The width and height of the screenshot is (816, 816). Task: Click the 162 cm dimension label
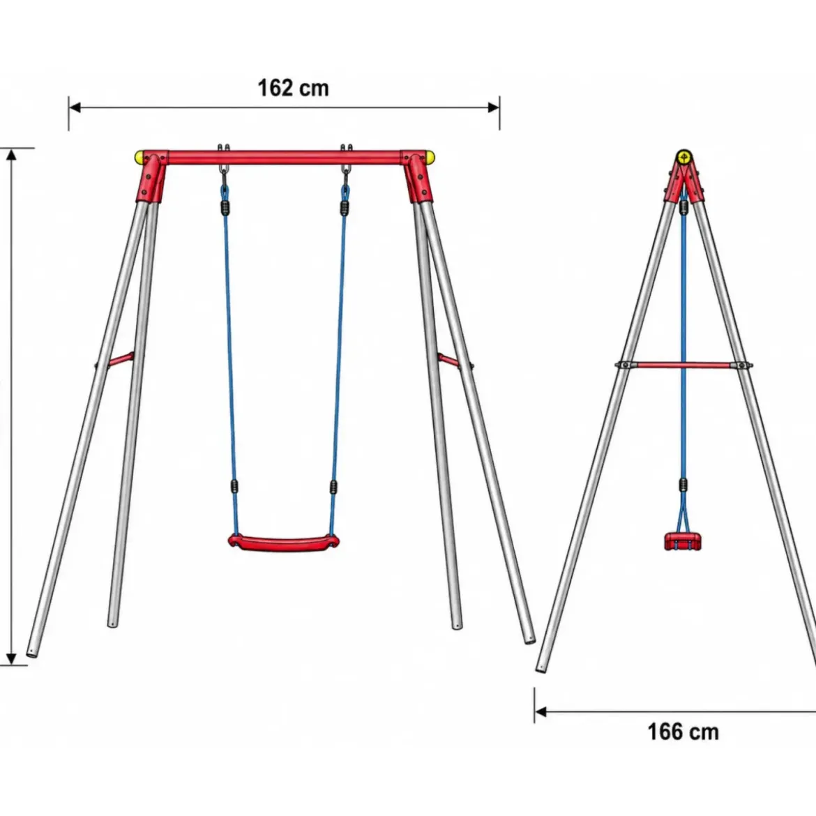tap(294, 88)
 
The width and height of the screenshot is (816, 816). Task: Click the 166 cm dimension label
tap(683, 732)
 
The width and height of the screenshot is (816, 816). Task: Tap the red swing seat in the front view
tap(284, 543)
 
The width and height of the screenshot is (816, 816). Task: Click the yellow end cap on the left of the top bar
tap(139, 157)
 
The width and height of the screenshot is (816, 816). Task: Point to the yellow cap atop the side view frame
tap(683, 157)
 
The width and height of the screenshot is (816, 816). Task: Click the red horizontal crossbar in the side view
tap(683, 365)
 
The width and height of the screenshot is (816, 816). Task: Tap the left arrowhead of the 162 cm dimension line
tap(75, 107)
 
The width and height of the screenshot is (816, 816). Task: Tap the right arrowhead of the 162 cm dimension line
tap(493, 107)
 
